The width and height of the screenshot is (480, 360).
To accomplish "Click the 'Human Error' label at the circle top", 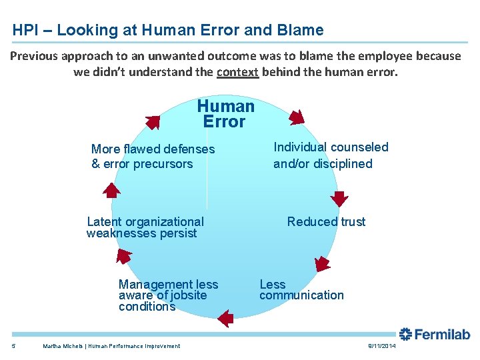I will (225, 114).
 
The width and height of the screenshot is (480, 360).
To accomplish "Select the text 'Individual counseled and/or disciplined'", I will (331, 155).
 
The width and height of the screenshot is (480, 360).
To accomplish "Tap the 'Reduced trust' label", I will (326, 222).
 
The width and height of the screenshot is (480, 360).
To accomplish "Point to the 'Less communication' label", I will (301, 290).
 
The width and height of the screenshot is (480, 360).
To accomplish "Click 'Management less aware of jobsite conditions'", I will (168, 295).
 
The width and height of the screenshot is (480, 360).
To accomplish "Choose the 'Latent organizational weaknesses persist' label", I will (145, 227).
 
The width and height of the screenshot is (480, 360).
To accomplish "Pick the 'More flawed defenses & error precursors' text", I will (153, 157).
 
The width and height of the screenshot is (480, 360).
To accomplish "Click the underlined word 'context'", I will (237, 72).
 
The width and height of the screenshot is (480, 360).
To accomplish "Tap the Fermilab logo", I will (435, 334).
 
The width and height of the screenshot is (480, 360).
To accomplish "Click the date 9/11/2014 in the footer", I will (381, 347).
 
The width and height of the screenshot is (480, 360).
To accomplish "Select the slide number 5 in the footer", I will (14, 346).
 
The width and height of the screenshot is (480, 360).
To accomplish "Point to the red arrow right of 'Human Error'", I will (296, 117).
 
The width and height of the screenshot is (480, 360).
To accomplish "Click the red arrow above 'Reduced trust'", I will (340, 198).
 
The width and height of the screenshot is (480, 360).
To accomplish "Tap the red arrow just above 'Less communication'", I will (322, 263).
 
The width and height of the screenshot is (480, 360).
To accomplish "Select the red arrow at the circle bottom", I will (226, 317).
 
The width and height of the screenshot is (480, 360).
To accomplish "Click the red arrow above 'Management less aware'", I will (125, 258).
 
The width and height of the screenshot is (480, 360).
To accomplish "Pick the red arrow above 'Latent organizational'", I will (111, 191).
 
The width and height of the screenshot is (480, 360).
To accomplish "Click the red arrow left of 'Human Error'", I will (153, 122).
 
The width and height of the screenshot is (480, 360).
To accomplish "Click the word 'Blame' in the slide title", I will (300, 30).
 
